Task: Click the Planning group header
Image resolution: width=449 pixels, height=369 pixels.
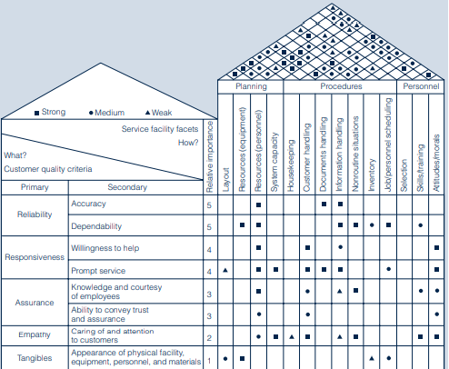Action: tap(251, 86)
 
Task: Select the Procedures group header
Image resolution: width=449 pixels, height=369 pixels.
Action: tap(341, 86)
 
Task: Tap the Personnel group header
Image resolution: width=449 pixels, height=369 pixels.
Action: tap(421, 86)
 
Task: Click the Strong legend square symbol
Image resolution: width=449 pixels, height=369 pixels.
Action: tap(37, 113)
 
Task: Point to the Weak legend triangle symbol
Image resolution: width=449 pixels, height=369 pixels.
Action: tap(147, 113)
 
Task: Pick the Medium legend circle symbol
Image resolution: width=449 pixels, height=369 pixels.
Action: tap(91, 113)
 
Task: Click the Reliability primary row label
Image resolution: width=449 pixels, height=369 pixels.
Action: tap(35, 214)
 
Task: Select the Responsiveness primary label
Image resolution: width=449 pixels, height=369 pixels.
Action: tap(35, 257)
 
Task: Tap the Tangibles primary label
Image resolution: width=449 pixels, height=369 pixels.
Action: tap(35, 358)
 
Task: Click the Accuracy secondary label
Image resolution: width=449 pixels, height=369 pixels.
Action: tap(88, 204)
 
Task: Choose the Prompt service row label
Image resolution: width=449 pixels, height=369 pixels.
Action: tap(98, 271)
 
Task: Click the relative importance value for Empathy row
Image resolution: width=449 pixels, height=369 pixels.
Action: tap(209, 338)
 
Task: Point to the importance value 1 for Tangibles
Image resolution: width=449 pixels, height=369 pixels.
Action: tap(209, 361)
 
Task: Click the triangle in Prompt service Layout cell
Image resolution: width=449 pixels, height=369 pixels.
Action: tap(225, 270)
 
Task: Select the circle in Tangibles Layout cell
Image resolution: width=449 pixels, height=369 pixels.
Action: tap(225, 359)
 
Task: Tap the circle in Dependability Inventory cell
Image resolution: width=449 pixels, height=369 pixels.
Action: tap(372, 225)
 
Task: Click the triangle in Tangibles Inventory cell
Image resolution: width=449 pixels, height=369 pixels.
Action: tap(372, 358)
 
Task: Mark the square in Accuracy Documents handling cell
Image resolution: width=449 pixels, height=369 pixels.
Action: tap(324, 204)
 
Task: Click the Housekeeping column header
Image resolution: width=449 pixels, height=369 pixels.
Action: tap(291, 165)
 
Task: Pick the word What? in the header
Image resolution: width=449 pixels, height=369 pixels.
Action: tap(15, 155)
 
